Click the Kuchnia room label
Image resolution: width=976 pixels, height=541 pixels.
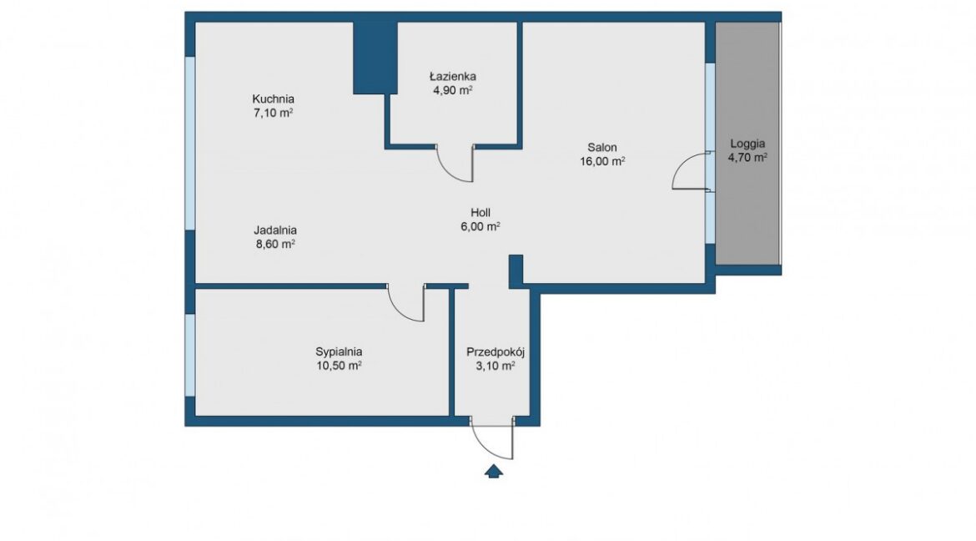(274, 99)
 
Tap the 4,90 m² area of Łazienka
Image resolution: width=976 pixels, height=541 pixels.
(452, 90)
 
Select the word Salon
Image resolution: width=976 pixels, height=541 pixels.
(602, 148)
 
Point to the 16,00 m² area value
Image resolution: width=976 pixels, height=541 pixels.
(602, 161)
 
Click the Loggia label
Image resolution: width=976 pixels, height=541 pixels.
(747, 144)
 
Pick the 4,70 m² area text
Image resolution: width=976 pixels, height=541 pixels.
(747, 158)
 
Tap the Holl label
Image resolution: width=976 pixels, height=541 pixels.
(480, 213)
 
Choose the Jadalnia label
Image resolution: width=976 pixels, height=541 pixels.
(275, 230)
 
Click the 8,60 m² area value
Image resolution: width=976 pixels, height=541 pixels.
(275, 244)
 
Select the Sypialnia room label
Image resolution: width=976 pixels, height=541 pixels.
(340, 352)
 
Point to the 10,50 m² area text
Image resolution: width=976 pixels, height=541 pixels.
(340, 366)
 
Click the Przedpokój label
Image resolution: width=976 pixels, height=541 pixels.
(496, 352)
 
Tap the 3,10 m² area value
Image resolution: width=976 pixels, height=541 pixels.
(496, 366)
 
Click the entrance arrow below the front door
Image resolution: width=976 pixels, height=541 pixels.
(494, 471)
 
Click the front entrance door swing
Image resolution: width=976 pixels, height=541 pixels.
(486, 448)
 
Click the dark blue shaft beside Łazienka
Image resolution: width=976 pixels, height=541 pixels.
(375, 58)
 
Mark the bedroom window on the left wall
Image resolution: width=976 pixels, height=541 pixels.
(190, 354)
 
